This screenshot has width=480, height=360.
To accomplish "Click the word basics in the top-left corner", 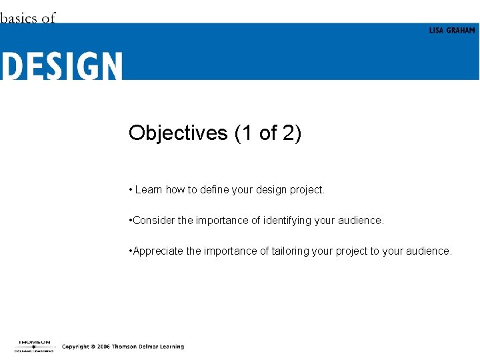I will [19, 18].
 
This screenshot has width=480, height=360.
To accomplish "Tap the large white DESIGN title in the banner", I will [61, 67].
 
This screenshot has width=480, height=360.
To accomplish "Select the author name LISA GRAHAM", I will [451, 31].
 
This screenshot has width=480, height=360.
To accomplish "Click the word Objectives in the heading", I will [178, 133].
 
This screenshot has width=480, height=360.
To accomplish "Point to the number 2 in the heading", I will [288, 133].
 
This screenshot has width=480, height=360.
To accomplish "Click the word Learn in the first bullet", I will [149, 190].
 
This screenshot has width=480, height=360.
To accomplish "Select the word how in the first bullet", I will [175, 190].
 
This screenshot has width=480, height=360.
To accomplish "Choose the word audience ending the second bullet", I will [361, 221].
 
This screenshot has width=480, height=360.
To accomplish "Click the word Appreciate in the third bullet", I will [157, 251].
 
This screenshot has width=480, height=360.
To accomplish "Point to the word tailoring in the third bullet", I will [292, 251].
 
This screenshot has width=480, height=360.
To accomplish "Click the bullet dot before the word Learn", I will [131, 190].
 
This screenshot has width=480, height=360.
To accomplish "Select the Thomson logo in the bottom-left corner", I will [33, 345].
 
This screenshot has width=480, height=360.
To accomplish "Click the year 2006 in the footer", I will [102, 347].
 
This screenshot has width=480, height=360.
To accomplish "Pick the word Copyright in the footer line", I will [76, 347].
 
